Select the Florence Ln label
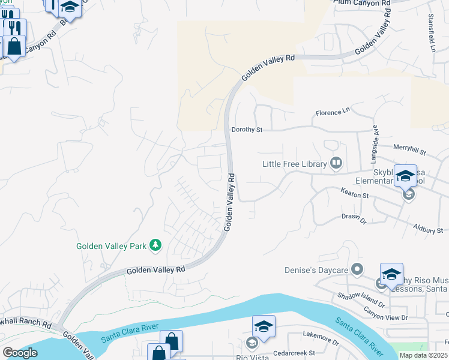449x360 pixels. (333, 112)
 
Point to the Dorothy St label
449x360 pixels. (247, 129)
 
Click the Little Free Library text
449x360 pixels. (294, 163)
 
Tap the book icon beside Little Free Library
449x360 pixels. (336, 163)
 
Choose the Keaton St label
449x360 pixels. (354, 194)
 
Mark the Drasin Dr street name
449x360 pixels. (354, 219)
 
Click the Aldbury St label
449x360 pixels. (428, 229)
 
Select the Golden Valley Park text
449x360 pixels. (112, 245)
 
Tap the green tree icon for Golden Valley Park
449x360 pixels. (156, 245)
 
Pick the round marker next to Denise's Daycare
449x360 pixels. (358, 269)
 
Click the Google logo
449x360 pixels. (20, 352)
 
